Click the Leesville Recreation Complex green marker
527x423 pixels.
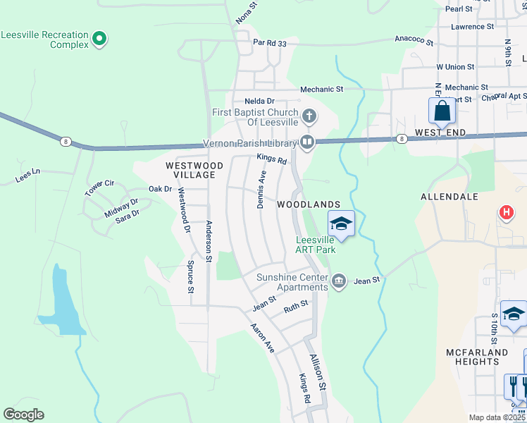tap(99, 38)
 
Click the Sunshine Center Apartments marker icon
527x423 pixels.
tap(339, 281)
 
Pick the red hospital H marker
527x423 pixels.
tap(505, 212)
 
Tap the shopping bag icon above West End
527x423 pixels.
tap(441, 111)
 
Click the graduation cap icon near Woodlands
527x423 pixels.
tap(341, 224)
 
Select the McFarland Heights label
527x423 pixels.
tap(477, 357)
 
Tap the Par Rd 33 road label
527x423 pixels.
tap(270, 43)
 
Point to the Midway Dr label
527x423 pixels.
tap(121, 207)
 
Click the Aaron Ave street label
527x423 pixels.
tap(262, 338)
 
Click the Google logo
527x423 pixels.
tap(23, 415)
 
